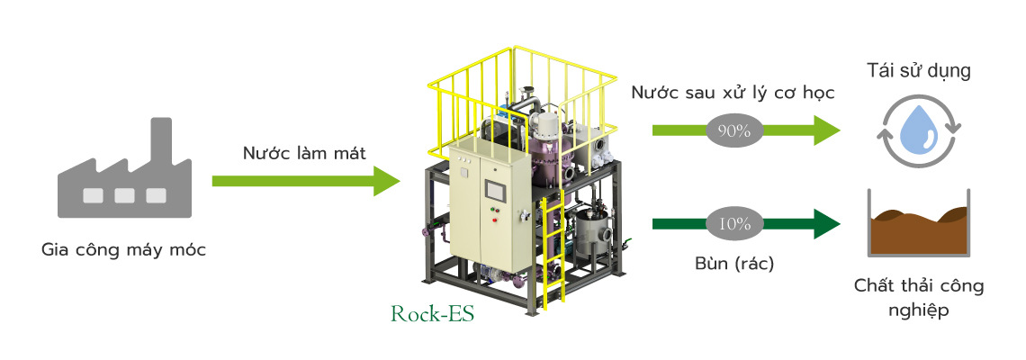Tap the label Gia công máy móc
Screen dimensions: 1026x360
[x=123, y=250]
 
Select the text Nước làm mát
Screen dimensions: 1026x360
[x=304, y=154]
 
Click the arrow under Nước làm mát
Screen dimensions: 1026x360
[x=306, y=181]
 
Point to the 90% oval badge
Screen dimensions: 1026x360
[x=734, y=130]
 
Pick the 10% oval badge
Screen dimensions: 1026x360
[x=734, y=224]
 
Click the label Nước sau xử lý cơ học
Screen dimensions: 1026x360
[x=733, y=93]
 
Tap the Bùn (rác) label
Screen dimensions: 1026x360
[x=734, y=264]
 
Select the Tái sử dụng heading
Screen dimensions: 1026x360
[x=919, y=71]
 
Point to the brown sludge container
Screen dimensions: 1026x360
[x=919, y=223]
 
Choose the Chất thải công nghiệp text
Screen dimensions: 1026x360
[x=919, y=297]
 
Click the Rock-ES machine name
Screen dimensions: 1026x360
[x=432, y=314]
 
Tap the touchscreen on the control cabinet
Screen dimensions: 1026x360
[x=495, y=190]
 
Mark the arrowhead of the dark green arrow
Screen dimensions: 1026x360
[x=827, y=224]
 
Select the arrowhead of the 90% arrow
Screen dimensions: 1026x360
[x=827, y=130]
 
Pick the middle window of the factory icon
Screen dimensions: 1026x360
[x=124, y=195]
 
